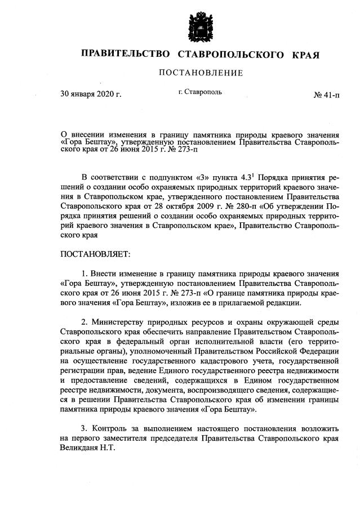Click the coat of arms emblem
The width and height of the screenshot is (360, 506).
tap(201, 24)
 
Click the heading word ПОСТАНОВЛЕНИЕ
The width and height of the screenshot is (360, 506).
tap(200, 73)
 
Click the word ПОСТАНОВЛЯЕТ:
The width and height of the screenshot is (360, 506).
tap(95, 254)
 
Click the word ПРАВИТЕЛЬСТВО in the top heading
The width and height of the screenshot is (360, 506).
tap(126, 55)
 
